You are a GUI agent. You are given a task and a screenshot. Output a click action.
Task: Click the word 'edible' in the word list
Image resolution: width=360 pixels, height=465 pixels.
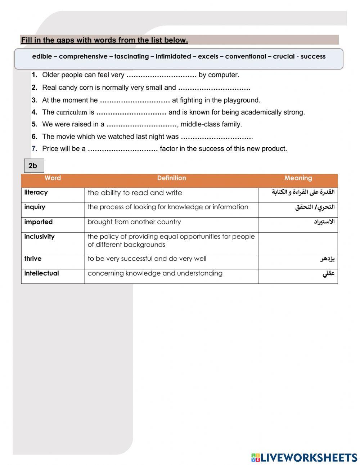42,57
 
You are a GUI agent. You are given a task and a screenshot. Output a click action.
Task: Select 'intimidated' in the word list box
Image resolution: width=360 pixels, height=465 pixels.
173,57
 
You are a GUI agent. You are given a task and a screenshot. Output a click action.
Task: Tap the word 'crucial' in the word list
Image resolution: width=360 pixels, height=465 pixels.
284,57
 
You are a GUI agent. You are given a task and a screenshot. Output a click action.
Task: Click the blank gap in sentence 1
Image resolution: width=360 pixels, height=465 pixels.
161,75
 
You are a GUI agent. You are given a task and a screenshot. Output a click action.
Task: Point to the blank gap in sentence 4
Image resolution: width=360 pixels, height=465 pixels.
131,112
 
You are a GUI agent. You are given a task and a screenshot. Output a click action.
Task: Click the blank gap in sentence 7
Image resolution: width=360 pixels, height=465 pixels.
122,149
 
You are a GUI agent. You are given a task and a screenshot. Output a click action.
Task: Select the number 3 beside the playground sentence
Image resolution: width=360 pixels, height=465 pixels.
34,100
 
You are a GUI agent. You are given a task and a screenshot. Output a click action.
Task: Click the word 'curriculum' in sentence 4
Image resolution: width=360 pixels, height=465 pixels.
72,112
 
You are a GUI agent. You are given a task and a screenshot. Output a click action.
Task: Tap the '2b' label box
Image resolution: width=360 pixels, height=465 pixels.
33,166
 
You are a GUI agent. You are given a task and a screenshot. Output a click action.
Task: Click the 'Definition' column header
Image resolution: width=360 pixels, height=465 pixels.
171,178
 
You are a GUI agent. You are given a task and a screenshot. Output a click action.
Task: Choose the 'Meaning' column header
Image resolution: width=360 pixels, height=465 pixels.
298,178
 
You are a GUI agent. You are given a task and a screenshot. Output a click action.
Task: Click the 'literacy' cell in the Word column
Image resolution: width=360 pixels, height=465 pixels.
36,193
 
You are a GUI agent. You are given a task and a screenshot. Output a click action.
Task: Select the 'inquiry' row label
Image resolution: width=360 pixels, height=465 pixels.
35,207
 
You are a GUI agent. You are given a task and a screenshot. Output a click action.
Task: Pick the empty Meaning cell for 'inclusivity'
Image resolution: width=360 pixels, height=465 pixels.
298,243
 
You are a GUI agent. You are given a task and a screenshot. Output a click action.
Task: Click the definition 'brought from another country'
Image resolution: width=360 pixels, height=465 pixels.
134,222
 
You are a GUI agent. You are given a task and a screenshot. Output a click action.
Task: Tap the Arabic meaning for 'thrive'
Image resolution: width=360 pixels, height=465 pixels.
328,259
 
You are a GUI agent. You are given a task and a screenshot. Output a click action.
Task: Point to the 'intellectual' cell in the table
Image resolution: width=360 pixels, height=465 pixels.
41,273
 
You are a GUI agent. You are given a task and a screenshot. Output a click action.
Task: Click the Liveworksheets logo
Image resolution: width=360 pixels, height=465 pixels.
304,457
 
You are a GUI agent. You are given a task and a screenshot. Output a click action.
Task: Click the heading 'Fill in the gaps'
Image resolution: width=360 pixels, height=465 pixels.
104,40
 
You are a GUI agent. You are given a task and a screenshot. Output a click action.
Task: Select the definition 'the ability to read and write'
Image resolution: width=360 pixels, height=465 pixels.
135,193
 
